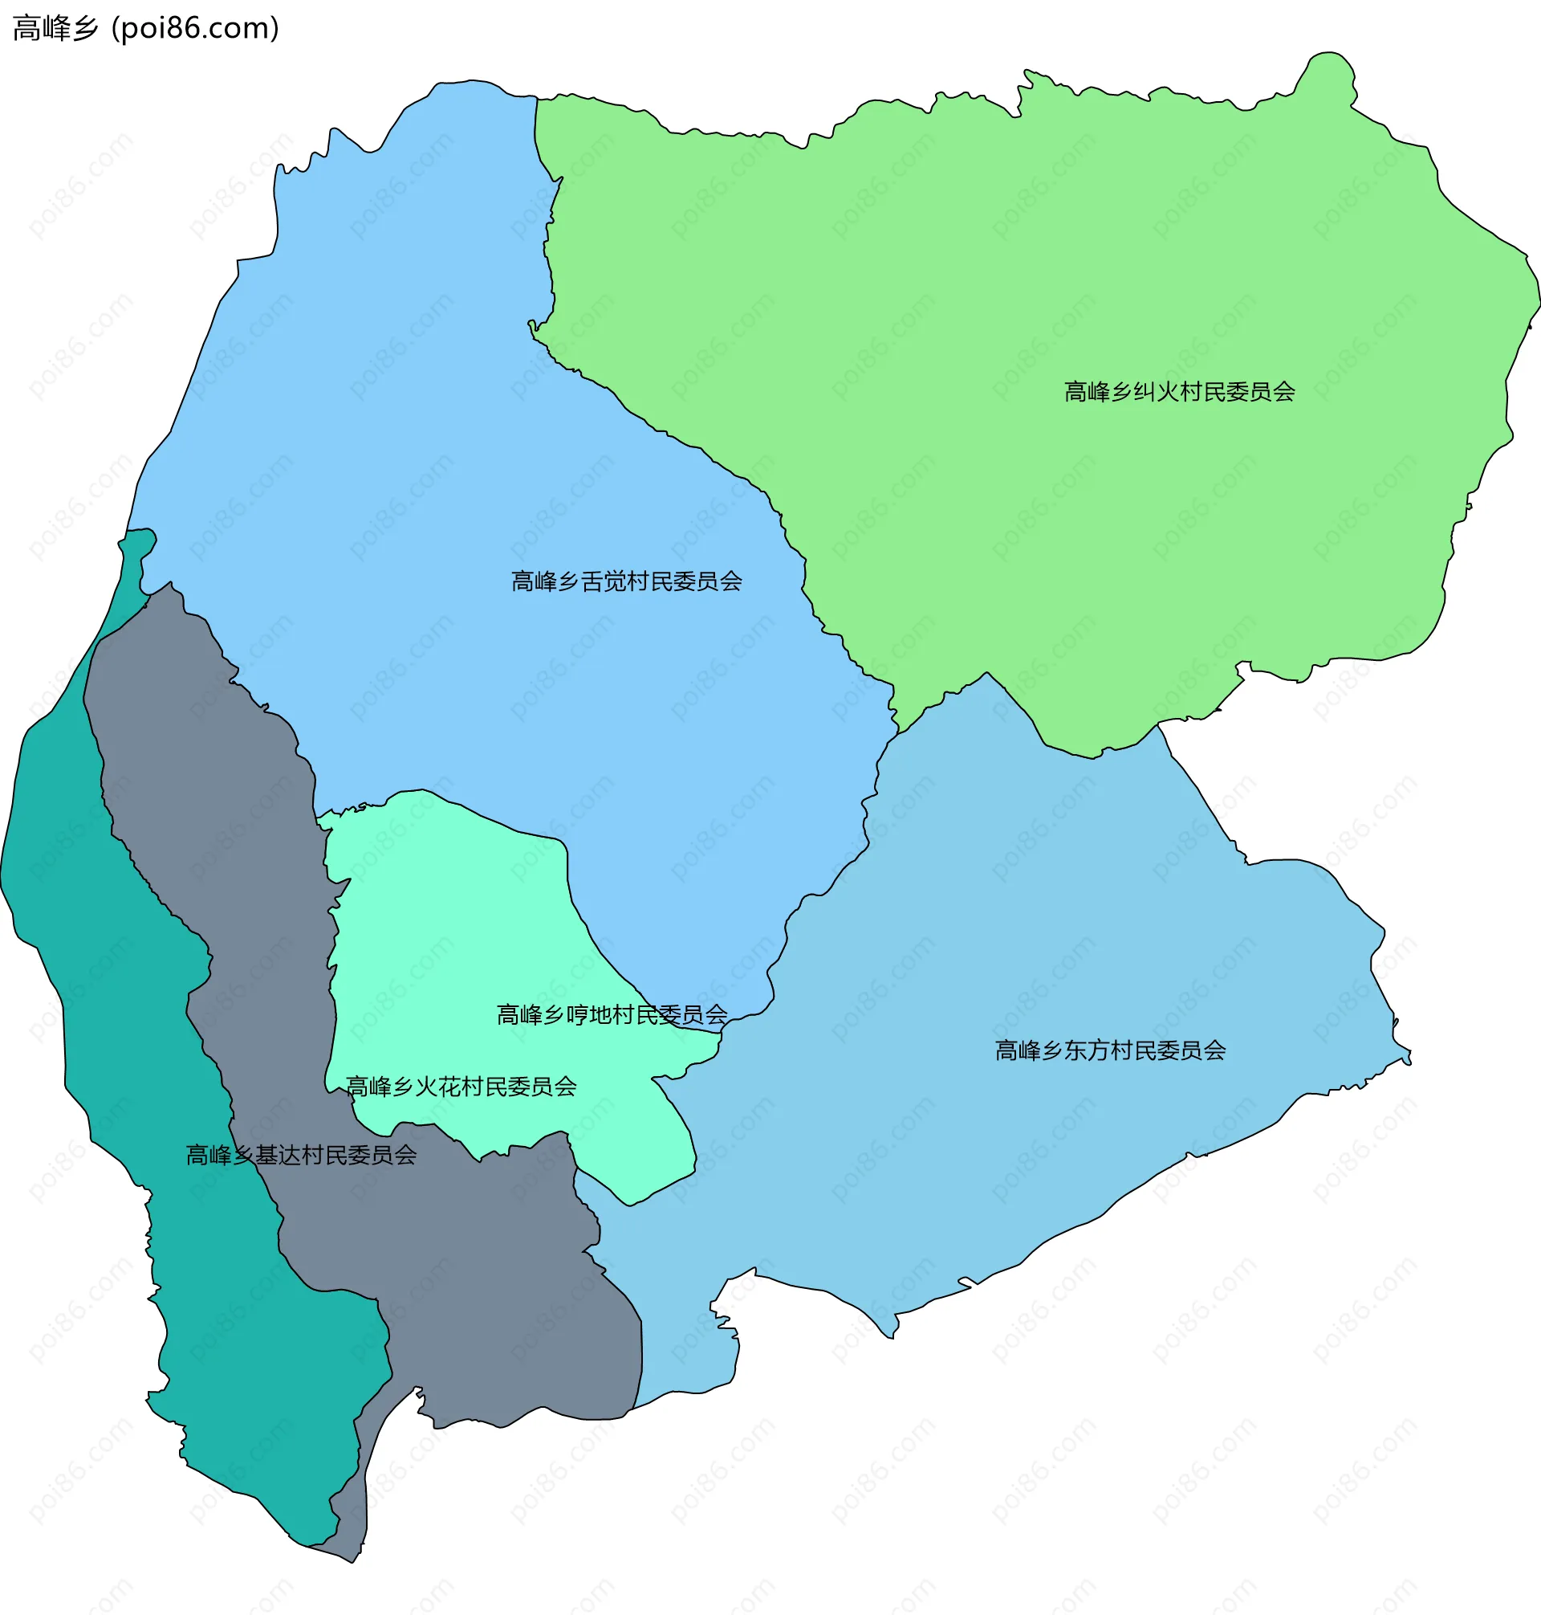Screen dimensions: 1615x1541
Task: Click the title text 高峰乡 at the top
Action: (x=56, y=29)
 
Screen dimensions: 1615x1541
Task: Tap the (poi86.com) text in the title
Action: (x=195, y=29)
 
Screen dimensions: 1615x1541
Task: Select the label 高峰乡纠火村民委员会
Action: (x=1179, y=392)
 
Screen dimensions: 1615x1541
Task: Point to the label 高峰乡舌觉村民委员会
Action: (x=626, y=582)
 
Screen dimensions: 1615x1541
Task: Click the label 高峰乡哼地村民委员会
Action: (x=611, y=1015)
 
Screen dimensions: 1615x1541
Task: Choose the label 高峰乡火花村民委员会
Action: (x=461, y=1087)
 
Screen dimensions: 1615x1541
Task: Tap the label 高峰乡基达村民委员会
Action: (x=301, y=1155)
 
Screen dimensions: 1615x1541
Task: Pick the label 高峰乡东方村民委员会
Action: (x=1110, y=1050)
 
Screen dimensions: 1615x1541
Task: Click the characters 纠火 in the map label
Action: (x=1156, y=392)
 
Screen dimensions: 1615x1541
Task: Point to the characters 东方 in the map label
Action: (x=1087, y=1050)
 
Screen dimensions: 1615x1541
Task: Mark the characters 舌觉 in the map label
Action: (x=603, y=582)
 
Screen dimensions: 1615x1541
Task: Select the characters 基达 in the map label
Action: (x=278, y=1155)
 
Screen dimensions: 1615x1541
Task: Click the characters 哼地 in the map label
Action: (x=588, y=1015)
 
